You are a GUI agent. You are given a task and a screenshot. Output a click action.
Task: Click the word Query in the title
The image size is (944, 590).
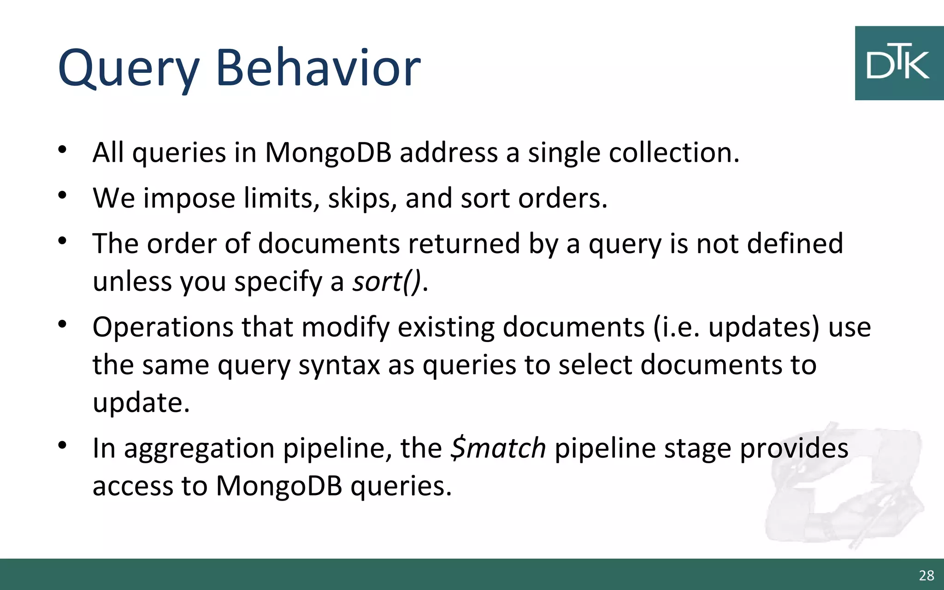(128, 69)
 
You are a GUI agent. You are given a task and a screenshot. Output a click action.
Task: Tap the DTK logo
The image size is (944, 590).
(898, 63)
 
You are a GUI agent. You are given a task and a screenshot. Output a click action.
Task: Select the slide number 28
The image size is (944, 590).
(926, 575)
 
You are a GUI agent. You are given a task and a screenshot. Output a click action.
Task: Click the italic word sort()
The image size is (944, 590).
(387, 281)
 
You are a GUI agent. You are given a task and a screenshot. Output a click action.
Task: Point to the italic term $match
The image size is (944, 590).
(498, 448)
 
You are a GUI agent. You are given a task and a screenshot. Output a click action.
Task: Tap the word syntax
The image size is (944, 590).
(339, 365)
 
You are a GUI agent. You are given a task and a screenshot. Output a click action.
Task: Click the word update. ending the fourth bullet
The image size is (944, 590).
(141, 403)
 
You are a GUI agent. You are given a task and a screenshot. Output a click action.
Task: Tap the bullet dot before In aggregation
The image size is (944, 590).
(63, 445)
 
